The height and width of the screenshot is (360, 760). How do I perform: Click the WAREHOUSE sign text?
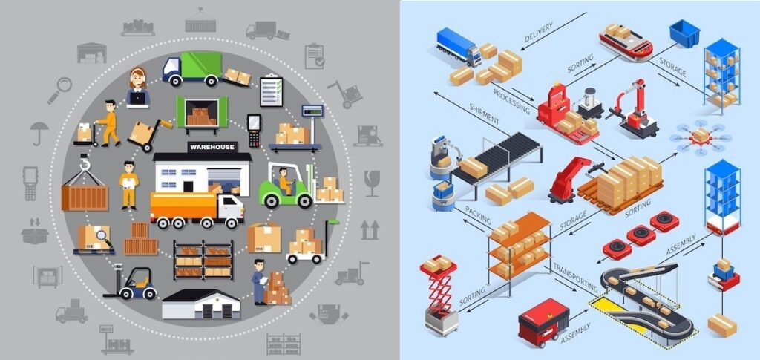pyautogui.click(x=212, y=147)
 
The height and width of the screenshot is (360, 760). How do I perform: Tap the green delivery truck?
pyautogui.click(x=192, y=69)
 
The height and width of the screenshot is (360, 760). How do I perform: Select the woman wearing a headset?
pyautogui.click(x=138, y=87)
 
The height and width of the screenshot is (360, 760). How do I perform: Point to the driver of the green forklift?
pyautogui.click(x=285, y=181)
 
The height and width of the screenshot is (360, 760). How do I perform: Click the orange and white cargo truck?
pyautogui.click(x=197, y=210)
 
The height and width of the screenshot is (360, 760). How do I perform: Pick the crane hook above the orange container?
pyautogui.click(x=85, y=163)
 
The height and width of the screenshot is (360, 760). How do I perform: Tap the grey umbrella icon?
pyautogui.click(x=39, y=133)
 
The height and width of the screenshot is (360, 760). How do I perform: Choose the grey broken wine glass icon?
pyautogui.click(x=372, y=183)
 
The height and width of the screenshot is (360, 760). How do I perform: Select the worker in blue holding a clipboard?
pyautogui.click(x=259, y=281)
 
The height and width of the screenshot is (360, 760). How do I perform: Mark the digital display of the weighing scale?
pyautogui.click(x=312, y=111)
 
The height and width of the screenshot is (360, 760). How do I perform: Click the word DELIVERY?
pyautogui.click(x=539, y=32)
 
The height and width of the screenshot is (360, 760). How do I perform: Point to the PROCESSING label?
pyautogui.click(x=511, y=101)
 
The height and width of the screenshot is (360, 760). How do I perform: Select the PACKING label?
pyautogui.click(x=478, y=215)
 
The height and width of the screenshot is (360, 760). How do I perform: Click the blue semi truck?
pyautogui.click(x=459, y=46)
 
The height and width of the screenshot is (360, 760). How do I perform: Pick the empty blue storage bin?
pyautogui.click(x=684, y=33)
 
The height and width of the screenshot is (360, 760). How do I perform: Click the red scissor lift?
pyautogui.click(x=439, y=294)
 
